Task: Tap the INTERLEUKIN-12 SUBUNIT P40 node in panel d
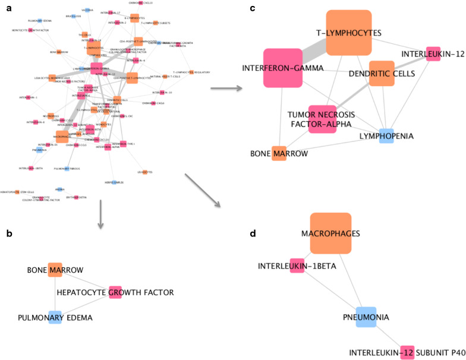pos(407,352)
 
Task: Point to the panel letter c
pos(253,8)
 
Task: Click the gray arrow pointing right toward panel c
pos(226,89)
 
